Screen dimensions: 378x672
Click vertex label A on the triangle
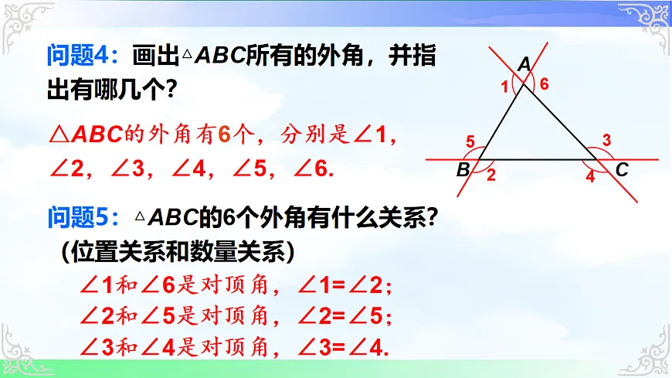tap(524, 66)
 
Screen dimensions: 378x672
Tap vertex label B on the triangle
tap(463, 170)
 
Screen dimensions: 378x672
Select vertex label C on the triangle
tap(622, 170)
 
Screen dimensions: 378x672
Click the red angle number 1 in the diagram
tap(505, 87)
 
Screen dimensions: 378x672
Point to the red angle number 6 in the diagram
tap(545, 85)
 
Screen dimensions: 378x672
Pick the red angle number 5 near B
tap(470, 141)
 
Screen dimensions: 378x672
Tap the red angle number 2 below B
tap(490, 175)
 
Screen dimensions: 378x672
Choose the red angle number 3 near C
tap(606, 141)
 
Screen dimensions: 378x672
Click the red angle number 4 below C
tap(590, 176)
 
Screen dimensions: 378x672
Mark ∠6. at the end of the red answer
tap(314, 169)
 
